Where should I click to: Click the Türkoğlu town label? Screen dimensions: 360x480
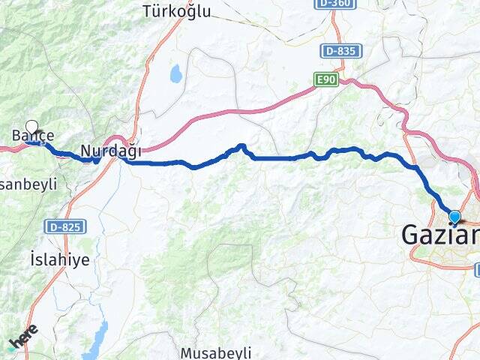click(177, 11)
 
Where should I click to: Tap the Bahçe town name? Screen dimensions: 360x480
click(32, 136)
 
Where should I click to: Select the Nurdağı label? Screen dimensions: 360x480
click(110, 151)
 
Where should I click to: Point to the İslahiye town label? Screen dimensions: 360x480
click(60, 260)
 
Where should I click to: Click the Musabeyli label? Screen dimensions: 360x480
click(215, 352)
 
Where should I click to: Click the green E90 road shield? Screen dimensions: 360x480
click(326, 78)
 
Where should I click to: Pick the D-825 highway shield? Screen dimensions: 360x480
click(65, 226)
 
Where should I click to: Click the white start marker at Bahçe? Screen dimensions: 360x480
click(31, 127)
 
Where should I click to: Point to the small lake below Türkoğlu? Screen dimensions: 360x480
click(176, 73)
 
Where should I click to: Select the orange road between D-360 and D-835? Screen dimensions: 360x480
click(337, 30)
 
